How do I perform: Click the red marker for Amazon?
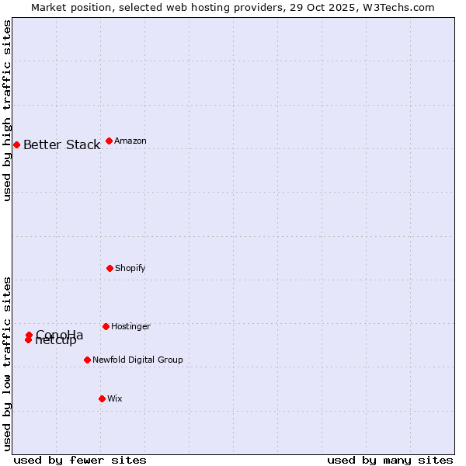tap(109, 141)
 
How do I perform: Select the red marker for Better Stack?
tap(16, 144)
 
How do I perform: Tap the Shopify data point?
tap(110, 268)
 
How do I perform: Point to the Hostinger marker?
tap(106, 326)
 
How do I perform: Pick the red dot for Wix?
tap(102, 398)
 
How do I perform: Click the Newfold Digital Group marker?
tap(87, 360)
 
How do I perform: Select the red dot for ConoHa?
tap(29, 335)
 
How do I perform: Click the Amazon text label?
tap(130, 141)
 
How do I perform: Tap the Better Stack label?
tap(61, 145)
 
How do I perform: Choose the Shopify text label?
tap(130, 269)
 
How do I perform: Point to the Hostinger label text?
tap(130, 327)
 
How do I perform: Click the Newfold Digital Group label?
tap(137, 360)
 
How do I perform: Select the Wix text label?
tap(115, 399)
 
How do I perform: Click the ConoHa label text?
tap(60, 335)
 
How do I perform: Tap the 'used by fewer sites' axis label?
tap(80, 460)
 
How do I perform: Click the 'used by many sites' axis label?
tap(390, 460)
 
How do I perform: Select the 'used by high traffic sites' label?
tap(8, 110)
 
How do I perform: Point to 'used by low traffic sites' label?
tap(8, 363)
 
